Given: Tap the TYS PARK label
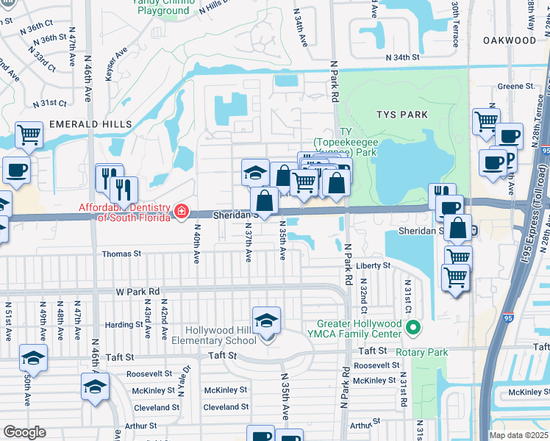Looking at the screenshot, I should [401, 115].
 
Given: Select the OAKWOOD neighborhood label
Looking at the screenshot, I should [510, 40].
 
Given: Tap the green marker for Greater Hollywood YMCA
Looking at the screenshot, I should [413, 326].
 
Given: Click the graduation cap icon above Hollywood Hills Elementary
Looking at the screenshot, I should [266, 320].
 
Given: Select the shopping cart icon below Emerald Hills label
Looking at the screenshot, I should [29, 135].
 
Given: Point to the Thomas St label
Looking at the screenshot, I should [121, 254].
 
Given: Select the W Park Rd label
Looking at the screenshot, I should [137, 292].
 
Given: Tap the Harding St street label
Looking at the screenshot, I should [123, 324].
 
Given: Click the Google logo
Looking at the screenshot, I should [25, 432].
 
